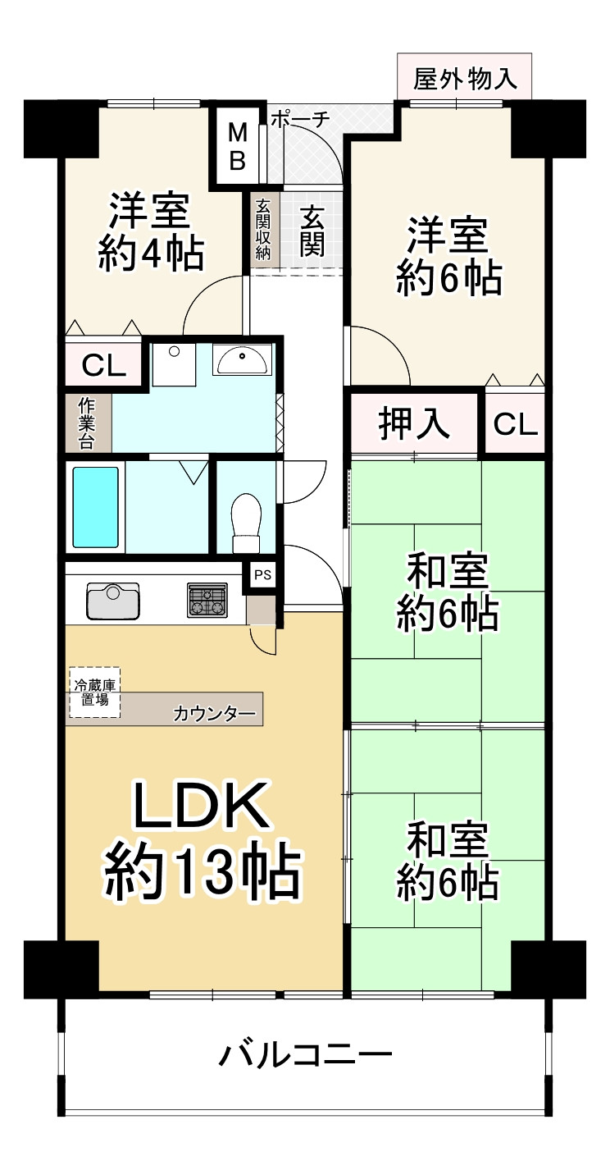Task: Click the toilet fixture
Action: (x=246, y=522)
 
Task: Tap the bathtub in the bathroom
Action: (x=96, y=507)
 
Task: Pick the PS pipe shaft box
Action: (x=262, y=575)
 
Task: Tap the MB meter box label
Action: (x=237, y=146)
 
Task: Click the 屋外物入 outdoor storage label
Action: (x=465, y=80)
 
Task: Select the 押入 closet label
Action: (x=414, y=424)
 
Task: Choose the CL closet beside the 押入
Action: (x=516, y=424)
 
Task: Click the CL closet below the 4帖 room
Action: (x=105, y=365)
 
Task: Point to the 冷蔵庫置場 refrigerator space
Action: (x=93, y=692)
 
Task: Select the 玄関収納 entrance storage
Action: (x=264, y=229)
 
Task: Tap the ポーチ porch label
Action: (x=299, y=119)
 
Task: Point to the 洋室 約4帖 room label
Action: (x=151, y=232)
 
